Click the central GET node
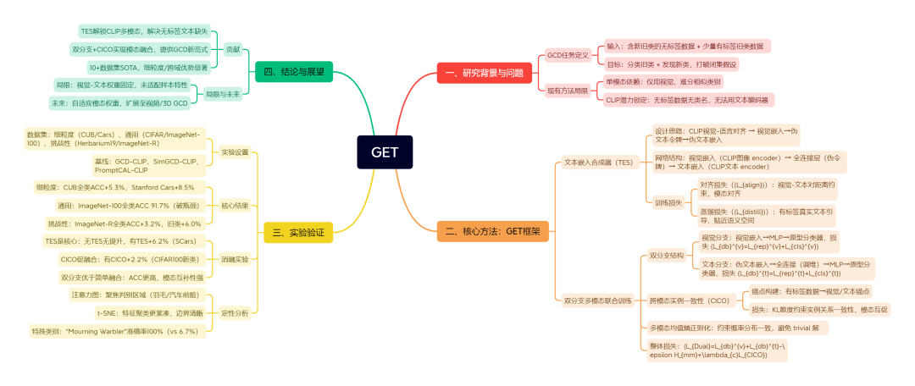point(384,152)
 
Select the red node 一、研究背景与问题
point(485,74)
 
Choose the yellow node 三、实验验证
point(298,230)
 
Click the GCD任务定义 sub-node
point(568,54)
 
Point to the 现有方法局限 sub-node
point(568,91)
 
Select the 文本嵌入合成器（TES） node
point(599,162)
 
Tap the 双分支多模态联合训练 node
point(598,299)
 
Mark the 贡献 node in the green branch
point(232,49)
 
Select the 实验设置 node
point(235,152)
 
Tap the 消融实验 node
point(235,259)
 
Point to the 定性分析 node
point(235,312)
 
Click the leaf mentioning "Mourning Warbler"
point(116,331)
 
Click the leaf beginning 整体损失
point(720,350)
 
